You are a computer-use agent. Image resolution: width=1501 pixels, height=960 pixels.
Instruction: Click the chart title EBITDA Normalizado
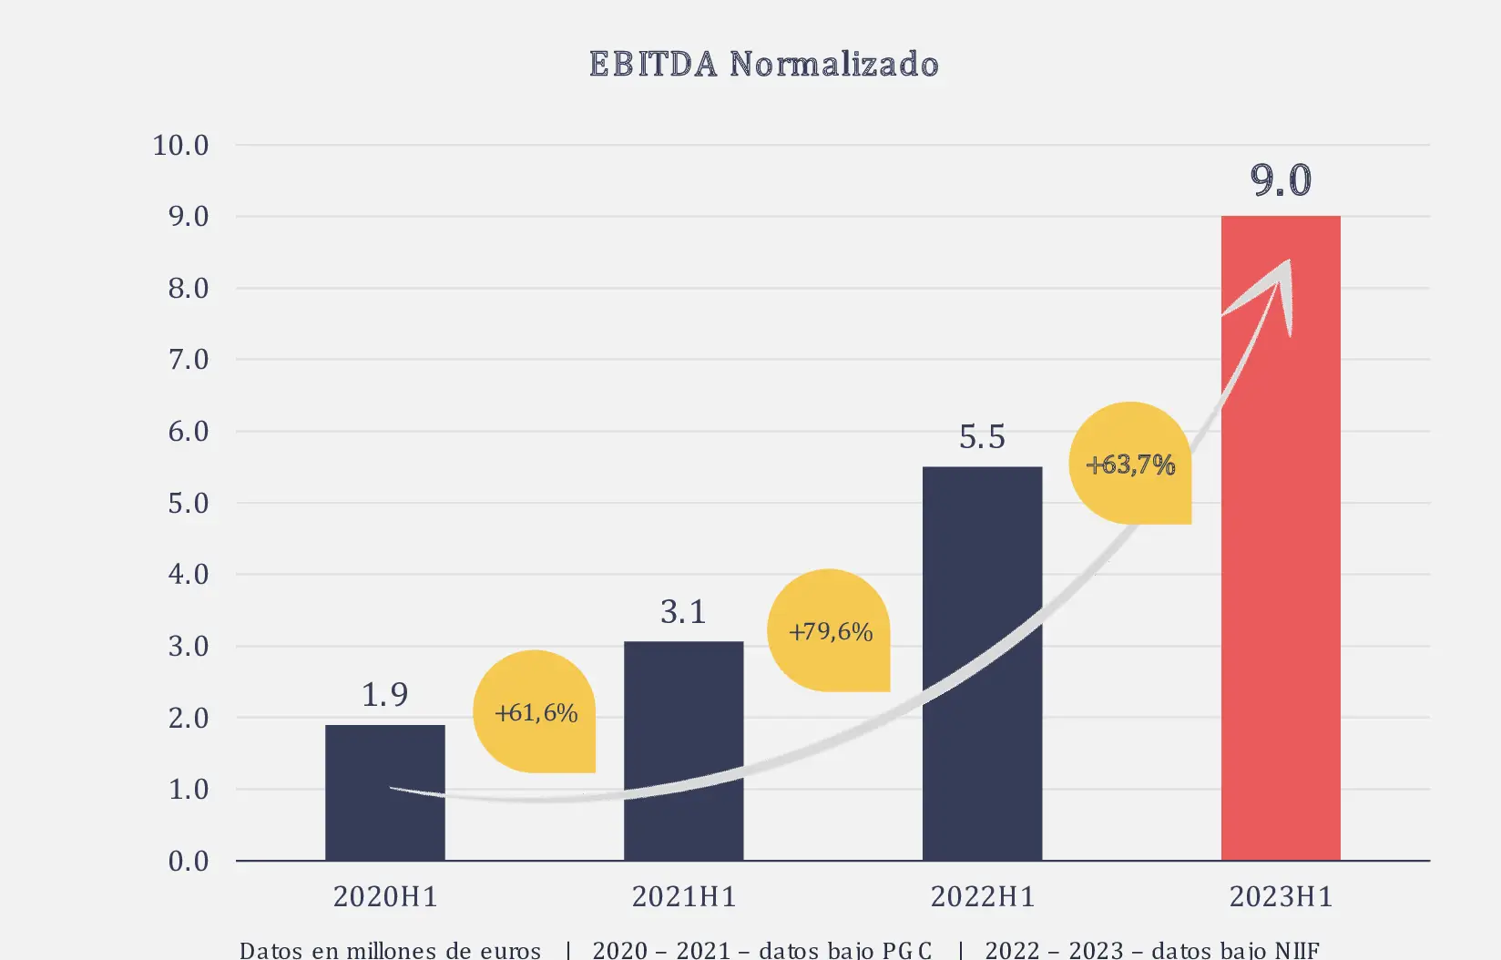[763, 65]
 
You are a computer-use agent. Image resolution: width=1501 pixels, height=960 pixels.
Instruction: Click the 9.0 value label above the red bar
[1281, 180]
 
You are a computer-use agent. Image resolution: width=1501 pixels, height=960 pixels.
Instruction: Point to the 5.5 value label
[982, 437]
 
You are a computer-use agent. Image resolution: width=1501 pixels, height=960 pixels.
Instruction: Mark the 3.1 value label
[683, 612]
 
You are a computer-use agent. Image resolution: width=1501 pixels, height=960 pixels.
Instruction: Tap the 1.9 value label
[384, 695]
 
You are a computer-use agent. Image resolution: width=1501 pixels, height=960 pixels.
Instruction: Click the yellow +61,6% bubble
[536, 712]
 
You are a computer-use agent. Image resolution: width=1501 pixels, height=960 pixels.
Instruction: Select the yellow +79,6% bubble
[830, 631]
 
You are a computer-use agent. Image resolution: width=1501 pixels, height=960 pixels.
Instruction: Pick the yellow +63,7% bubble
[1130, 465]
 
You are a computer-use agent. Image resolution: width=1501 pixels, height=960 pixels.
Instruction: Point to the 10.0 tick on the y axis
[180, 146]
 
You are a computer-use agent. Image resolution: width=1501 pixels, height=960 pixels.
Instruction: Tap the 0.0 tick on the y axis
[189, 862]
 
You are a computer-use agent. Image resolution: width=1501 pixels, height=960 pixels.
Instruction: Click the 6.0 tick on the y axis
[189, 432]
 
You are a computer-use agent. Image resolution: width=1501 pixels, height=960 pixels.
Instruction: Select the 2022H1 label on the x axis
[982, 897]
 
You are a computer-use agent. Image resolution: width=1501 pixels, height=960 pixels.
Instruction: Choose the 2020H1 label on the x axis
[384, 897]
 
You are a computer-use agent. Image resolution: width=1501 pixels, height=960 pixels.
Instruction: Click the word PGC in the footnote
[907, 950]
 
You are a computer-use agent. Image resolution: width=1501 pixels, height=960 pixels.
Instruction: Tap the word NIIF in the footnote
[1297, 950]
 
